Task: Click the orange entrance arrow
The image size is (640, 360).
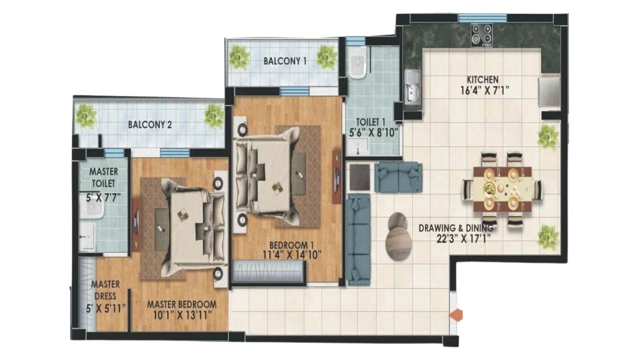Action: coord(455,315)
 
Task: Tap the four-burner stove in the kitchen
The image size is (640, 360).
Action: coord(481,35)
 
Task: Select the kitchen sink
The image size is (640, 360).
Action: coord(413,86)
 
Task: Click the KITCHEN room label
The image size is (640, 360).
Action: coord(482,79)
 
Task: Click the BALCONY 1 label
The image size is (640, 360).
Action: coord(285,61)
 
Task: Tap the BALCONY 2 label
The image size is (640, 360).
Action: coord(150,125)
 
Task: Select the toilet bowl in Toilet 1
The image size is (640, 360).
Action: coord(357,63)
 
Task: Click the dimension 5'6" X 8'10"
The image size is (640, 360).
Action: coord(374,132)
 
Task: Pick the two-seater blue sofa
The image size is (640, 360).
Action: coord(398,177)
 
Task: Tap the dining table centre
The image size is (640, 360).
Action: coord(502,189)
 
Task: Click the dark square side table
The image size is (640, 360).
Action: coord(359,177)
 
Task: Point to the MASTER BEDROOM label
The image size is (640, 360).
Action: coord(181,304)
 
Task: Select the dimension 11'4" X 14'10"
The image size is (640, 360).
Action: coord(291,255)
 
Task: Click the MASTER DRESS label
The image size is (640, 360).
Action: coord(105,290)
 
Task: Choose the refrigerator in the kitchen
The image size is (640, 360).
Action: coord(549,91)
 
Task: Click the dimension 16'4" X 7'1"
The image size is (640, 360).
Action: coord(485,91)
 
